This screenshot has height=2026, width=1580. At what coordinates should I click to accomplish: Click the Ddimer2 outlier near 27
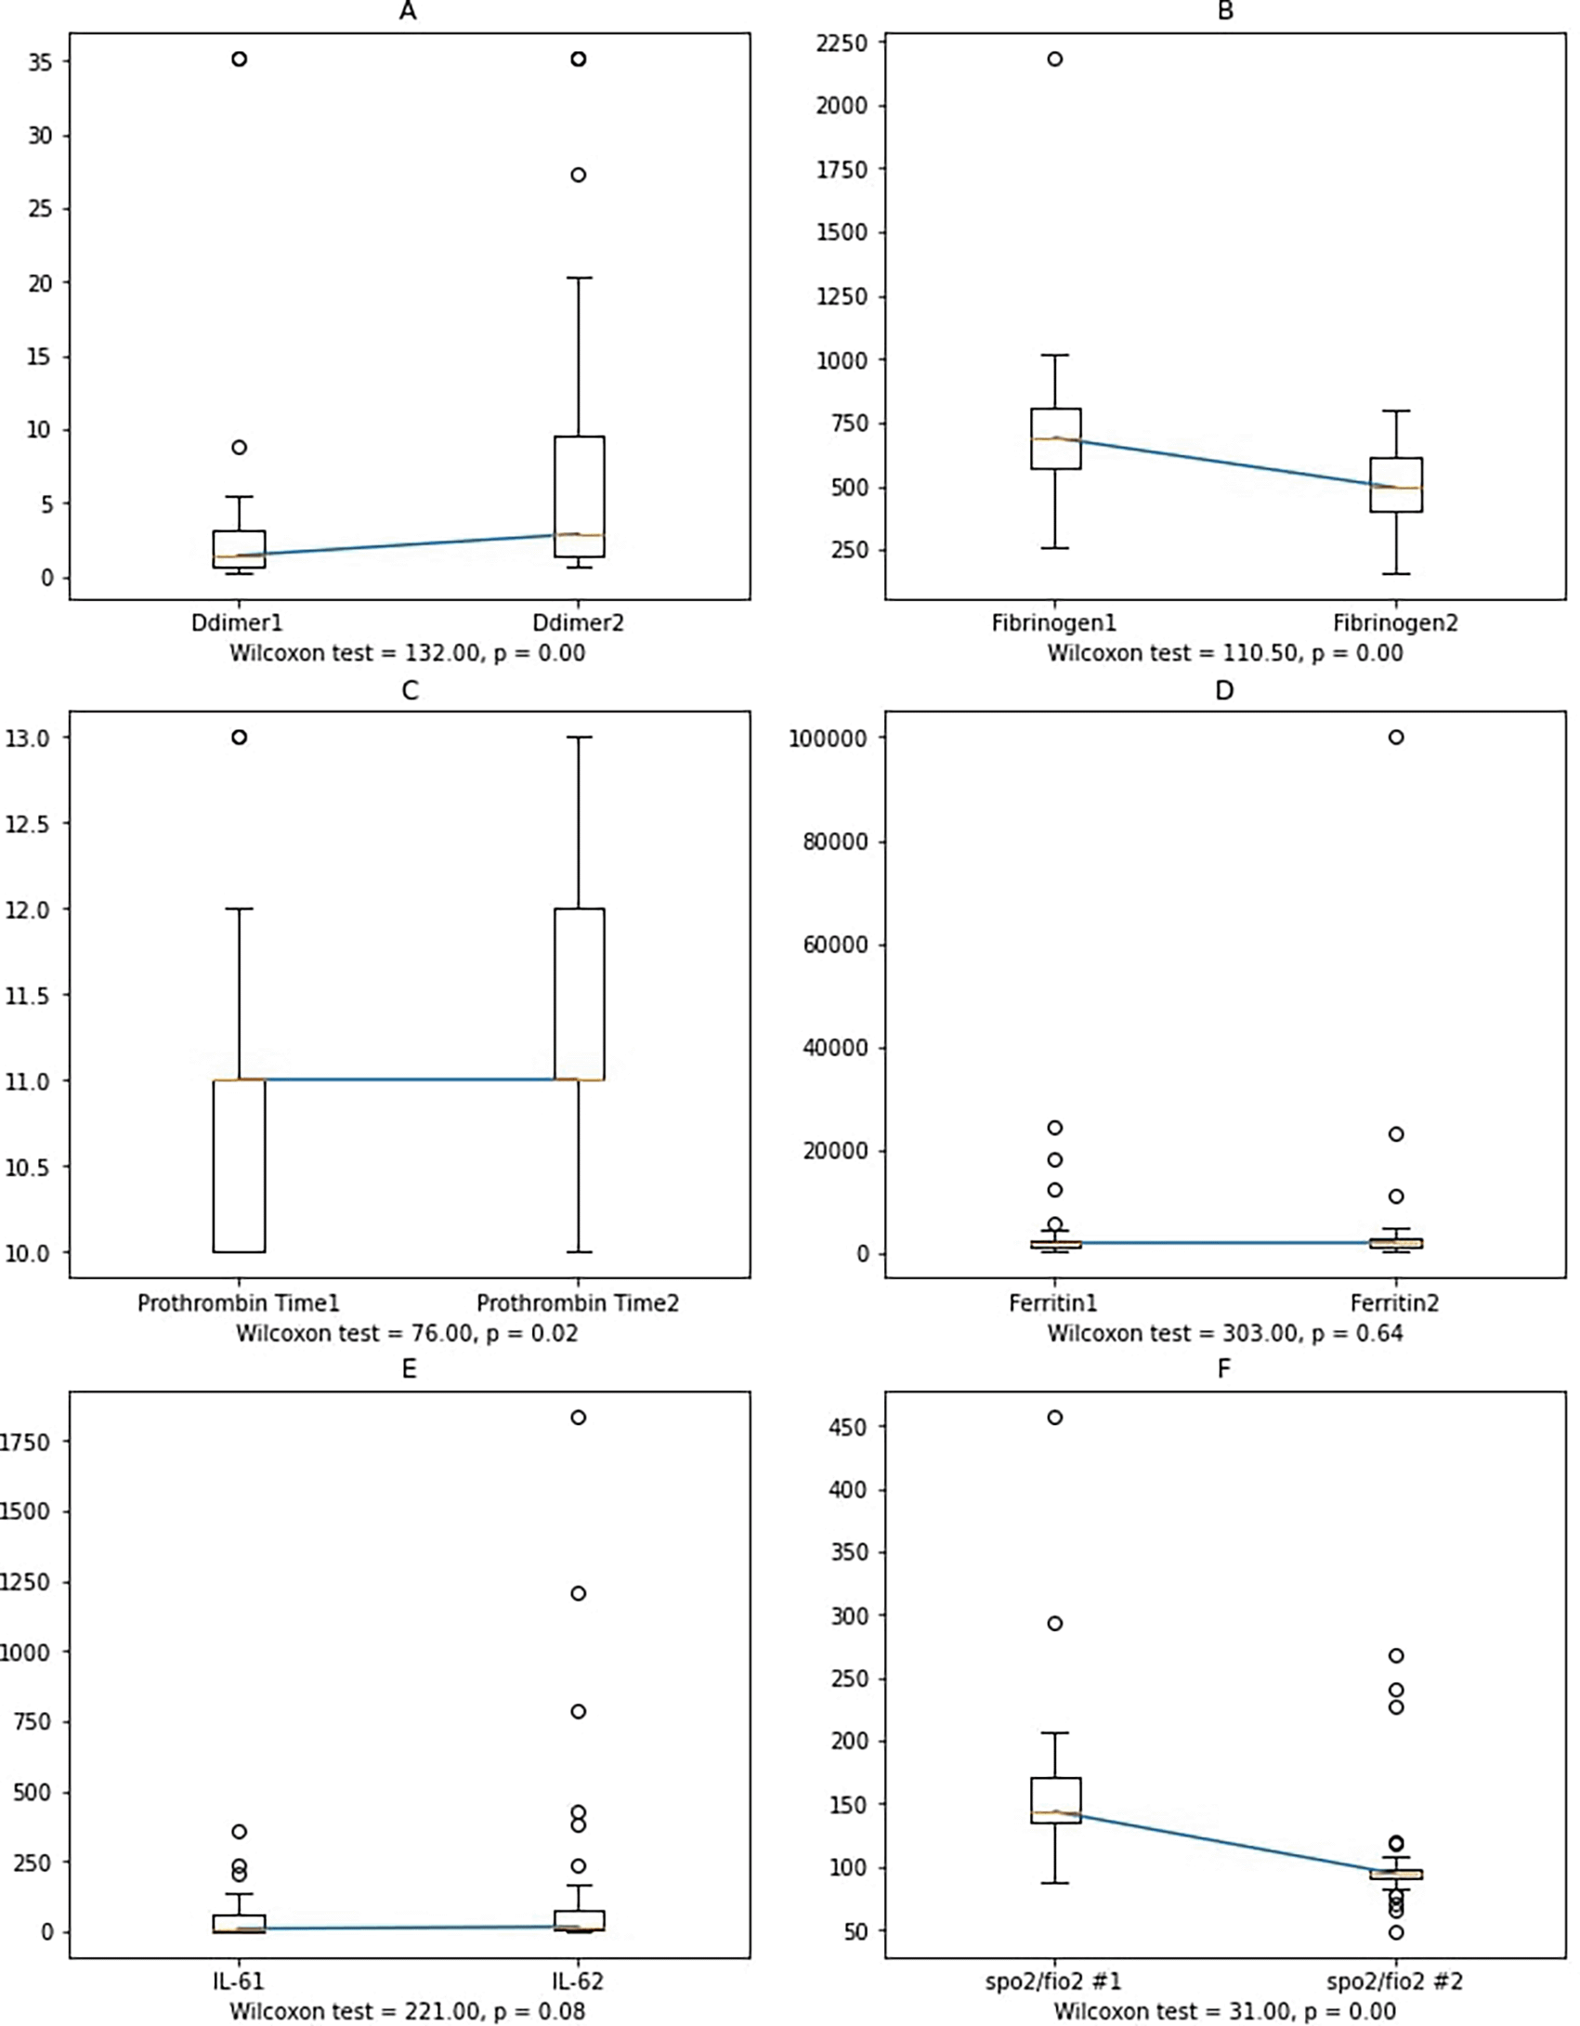[578, 175]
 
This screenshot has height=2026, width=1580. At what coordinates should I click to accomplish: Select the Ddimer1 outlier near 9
[239, 447]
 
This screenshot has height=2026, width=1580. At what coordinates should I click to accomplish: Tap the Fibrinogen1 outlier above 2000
[1055, 59]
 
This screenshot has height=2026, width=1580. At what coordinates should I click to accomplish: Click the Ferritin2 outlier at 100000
[1395, 738]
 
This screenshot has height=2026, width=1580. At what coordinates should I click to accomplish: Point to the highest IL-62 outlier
[578, 1418]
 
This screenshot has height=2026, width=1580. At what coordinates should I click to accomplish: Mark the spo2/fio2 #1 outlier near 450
[1055, 1418]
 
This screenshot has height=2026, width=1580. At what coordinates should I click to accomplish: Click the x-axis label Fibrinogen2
[1395, 622]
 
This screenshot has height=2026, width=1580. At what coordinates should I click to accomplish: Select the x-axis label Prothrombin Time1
[239, 1303]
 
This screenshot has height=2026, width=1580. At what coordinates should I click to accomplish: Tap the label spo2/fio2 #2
[1395, 1981]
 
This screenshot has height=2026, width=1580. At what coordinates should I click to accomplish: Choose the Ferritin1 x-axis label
[1053, 1303]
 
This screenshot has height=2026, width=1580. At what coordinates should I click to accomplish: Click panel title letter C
[409, 691]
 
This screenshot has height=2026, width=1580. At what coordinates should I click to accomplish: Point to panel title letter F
[1224, 1368]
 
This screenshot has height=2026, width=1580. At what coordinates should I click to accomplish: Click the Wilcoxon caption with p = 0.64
[1224, 1334]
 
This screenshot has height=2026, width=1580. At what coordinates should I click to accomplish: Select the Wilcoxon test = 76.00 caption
[407, 1334]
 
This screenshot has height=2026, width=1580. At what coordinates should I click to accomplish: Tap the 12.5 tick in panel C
[30, 824]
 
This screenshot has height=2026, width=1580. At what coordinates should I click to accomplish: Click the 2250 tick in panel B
[841, 43]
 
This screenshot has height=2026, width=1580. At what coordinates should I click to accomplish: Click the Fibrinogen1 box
[1055, 438]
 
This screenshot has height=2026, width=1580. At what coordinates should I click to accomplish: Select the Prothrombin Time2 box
[579, 994]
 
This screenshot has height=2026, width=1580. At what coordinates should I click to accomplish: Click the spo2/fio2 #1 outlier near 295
[1055, 1624]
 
